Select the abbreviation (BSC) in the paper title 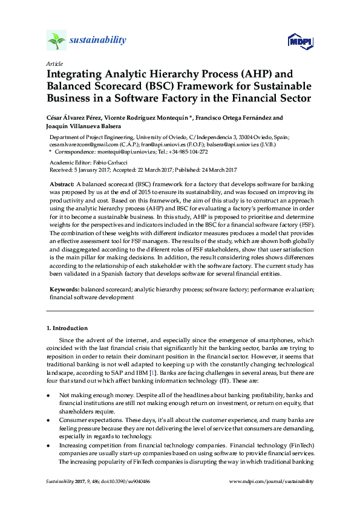[162, 86]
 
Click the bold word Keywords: [64, 290]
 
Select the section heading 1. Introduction [67, 329]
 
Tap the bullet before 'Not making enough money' [48, 394]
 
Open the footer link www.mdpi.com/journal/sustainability [272, 482]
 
